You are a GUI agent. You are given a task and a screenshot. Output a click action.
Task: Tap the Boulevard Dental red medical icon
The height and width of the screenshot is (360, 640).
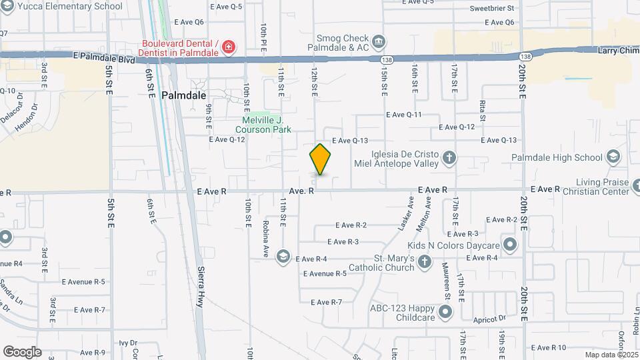pos(229,47)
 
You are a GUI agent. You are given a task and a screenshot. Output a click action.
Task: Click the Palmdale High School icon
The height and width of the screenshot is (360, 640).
pos(613,157)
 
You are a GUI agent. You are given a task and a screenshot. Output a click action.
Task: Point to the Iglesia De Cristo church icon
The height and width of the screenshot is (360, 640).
pos(449,157)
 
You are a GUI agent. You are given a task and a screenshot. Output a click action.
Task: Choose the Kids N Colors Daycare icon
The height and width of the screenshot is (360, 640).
pos(510,245)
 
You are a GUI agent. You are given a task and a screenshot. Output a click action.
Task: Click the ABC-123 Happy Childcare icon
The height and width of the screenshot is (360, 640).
pos(445,312)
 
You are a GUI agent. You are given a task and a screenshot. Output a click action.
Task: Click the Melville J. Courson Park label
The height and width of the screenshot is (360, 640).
pos(266,125)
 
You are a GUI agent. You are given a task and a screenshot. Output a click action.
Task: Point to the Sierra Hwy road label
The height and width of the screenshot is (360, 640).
pos(200,287)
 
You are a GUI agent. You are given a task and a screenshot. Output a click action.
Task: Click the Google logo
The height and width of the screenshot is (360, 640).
pos(21,351)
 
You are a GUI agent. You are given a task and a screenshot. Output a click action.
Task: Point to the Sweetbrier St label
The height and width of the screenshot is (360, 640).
pos(492,9)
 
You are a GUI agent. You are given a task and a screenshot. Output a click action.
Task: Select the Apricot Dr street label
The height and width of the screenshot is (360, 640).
pos(490,319)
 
